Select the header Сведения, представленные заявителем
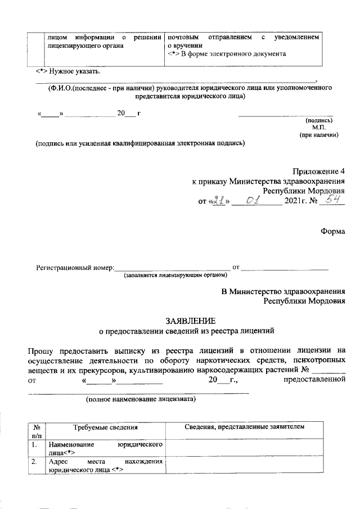point(245,427)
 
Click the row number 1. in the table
point(35,445)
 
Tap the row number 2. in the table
point(35,462)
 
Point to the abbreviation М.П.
point(327,128)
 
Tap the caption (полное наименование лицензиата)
point(141,400)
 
